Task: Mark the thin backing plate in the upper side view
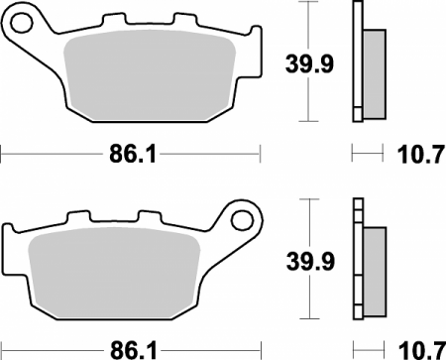click(x=356, y=61)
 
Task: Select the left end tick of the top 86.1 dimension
click(x=3, y=154)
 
